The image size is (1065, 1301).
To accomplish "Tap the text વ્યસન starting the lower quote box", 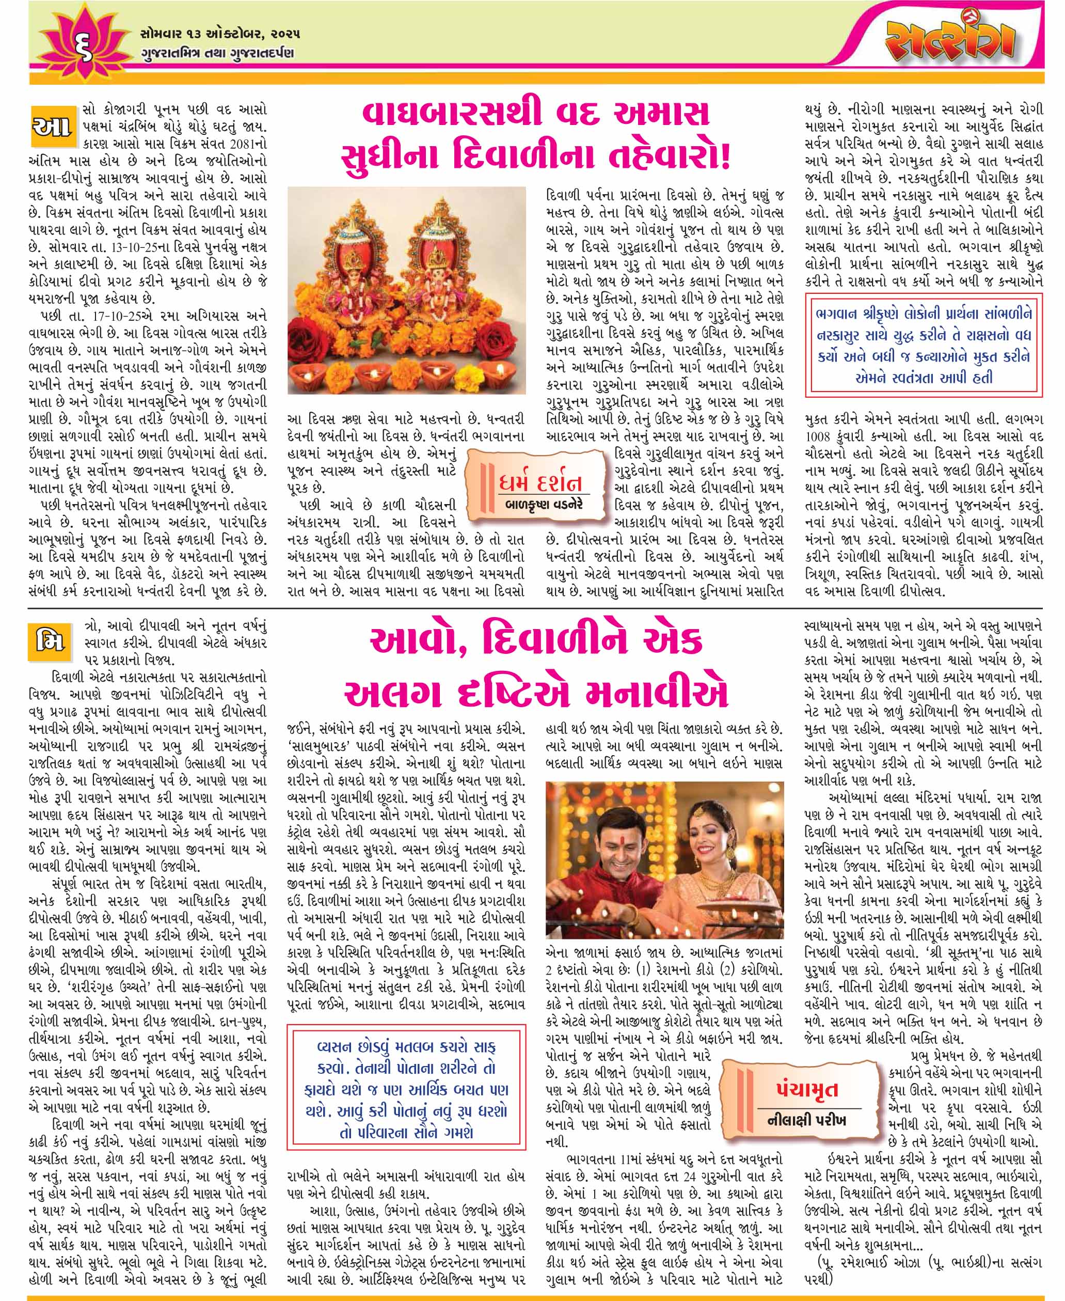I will (339, 1047).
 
